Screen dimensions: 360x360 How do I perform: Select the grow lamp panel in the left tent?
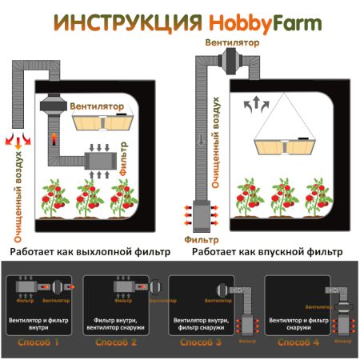pyautogui.click(x=109, y=122)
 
